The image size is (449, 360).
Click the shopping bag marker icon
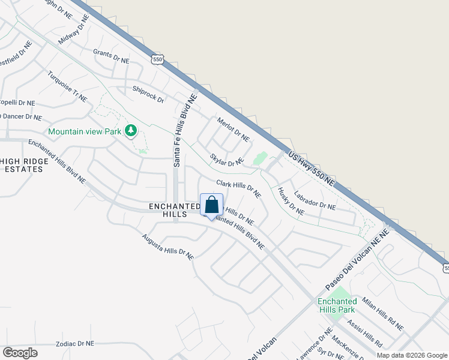click(x=211, y=205)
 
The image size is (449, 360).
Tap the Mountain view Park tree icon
click(x=130, y=131)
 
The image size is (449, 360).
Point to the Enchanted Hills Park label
click(x=337, y=305)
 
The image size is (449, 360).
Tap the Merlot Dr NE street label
click(x=234, y=129)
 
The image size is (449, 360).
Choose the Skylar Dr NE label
click(x=226, y=160)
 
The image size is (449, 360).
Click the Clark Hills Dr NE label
click(x=238, y=189)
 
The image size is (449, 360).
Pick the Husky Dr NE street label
click(x=291, y=201)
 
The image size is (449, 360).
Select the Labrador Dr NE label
click(x=315, y=200)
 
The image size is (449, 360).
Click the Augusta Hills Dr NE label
click(x=167, y=246)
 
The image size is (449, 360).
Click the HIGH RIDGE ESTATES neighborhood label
click(x=22, y=165)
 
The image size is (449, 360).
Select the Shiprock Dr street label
click(x=148, y=95)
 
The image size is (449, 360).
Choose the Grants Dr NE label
click(x=111, y=57)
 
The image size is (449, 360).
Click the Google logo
click(x=19, y=353)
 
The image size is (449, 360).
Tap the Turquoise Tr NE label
click(x=67, y=86)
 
